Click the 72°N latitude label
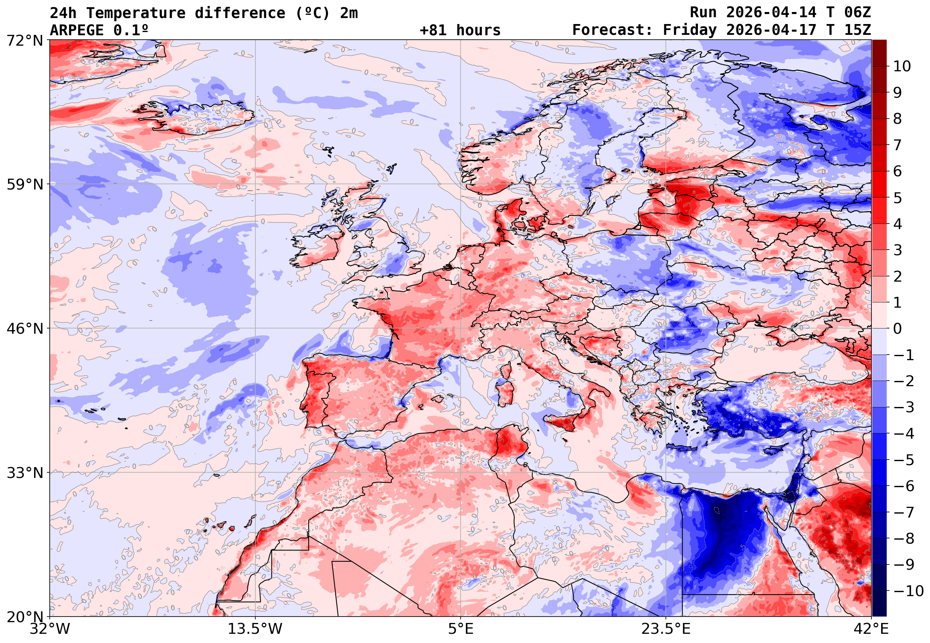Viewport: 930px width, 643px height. coord(24,40)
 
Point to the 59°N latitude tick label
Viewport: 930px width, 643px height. coord(24,185)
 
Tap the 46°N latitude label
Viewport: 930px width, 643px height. coord(24,329)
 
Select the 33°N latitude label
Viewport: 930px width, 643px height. coord(24,473)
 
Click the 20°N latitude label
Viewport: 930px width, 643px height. coord(24,617)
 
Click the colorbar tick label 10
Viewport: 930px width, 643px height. coord(902,67)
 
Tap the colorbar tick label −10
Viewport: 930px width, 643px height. coord(908,591)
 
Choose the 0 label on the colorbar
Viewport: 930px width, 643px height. coord(898,329)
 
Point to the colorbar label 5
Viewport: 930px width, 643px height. coord(898,198)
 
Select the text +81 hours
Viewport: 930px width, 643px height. coord(460,30)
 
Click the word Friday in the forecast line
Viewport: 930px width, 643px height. coord(689,30)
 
